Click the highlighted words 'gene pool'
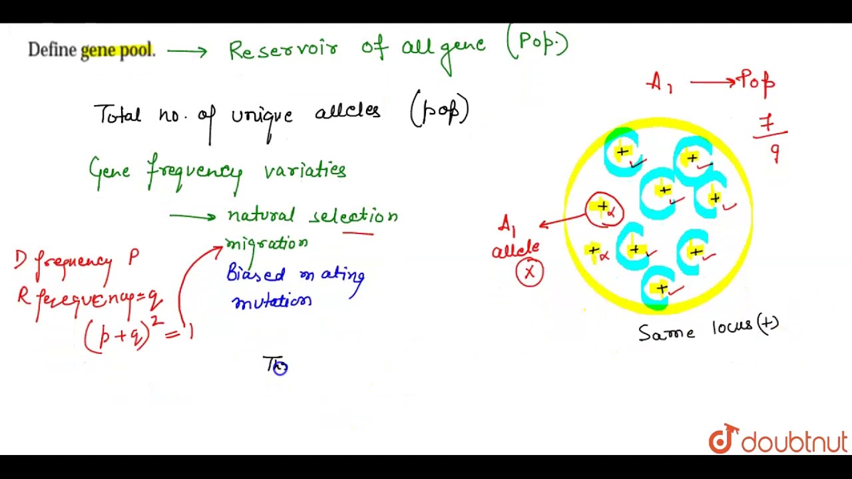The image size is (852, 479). pyautogui.click(x=116, y=51)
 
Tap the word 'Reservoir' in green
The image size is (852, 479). pyautogui.click(x=283, y=49)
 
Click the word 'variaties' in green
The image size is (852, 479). pyautogui.click(x=305, y=170)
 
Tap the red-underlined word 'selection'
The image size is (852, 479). pyautogui.click(x=355, y=216)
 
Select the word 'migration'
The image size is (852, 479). pyautogui.click(x=266, y=243)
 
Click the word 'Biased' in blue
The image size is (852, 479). pyautogui.click(x=256, y=274)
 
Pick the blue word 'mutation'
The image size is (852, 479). pyautogui.click(x=272, y=302)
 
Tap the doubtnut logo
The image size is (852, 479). pyautogui.click(x=777, y=440)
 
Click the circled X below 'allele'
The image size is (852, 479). pyautogui.click(x=530, y=272)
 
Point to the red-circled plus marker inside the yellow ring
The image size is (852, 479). pyautogui.click(x=604, y=209)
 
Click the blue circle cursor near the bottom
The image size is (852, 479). pyautogui.click(x=280, y=368)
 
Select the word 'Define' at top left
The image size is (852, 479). pyautogui.click(x=52, y=51)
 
